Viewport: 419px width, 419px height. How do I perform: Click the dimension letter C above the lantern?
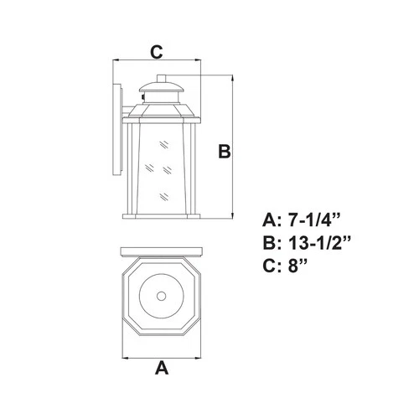pyautogui.click(x=156, y=52)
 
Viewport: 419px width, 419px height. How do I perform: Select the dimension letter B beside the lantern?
pyautogui.click(x=224, y=151)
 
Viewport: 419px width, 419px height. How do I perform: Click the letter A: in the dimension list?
pyautogui.click(x=272, y=220)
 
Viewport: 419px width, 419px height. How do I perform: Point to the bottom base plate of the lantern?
pyautogui.click(x=163, y=219)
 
